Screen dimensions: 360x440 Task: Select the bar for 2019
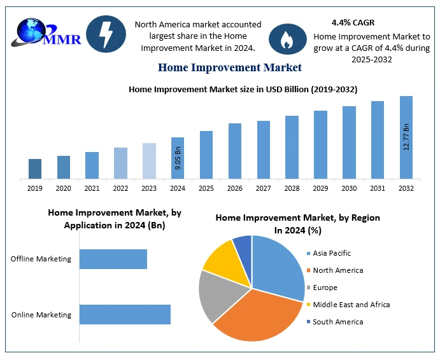tap(35, 169)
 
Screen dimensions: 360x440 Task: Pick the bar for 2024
tap(178, 158)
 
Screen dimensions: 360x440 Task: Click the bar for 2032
tap(406, 137)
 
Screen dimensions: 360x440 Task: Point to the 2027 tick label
tap(263, 188)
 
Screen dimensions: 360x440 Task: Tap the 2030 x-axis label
tap(349, 188)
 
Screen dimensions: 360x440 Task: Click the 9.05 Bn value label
tap(178, 158)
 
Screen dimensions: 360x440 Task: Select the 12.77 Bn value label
tap(406, 137)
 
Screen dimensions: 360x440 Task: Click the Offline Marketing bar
tap(113, 259)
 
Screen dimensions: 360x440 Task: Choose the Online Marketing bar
tap(125, 314)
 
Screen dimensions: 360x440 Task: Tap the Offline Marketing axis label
tap(41, 259)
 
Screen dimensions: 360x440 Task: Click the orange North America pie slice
tap(258, 312)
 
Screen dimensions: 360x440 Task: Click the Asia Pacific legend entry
tap(332, 253)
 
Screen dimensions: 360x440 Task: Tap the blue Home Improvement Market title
tap(230, 67)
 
